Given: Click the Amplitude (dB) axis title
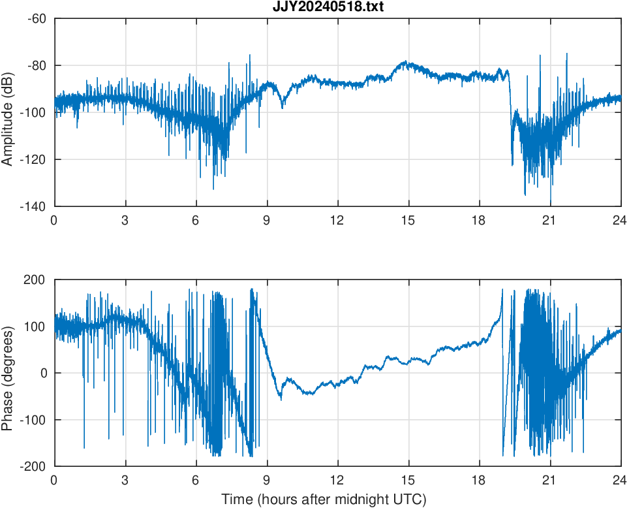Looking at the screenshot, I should point(8,112).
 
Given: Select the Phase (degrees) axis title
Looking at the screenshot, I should point(8,373).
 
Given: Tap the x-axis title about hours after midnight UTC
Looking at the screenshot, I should point(324,500).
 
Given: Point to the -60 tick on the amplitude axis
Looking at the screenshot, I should point(37,18).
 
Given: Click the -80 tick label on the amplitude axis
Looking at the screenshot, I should point(37,65).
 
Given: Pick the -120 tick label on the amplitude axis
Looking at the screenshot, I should point(34,159).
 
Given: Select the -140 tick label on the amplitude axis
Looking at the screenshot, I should point(34,206).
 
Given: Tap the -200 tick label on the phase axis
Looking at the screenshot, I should point(33,466).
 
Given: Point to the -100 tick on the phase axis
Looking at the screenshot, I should point(33,420).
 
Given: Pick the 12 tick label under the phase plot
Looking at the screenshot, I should point(337,480).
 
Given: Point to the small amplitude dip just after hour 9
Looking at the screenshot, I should point(283,106).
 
